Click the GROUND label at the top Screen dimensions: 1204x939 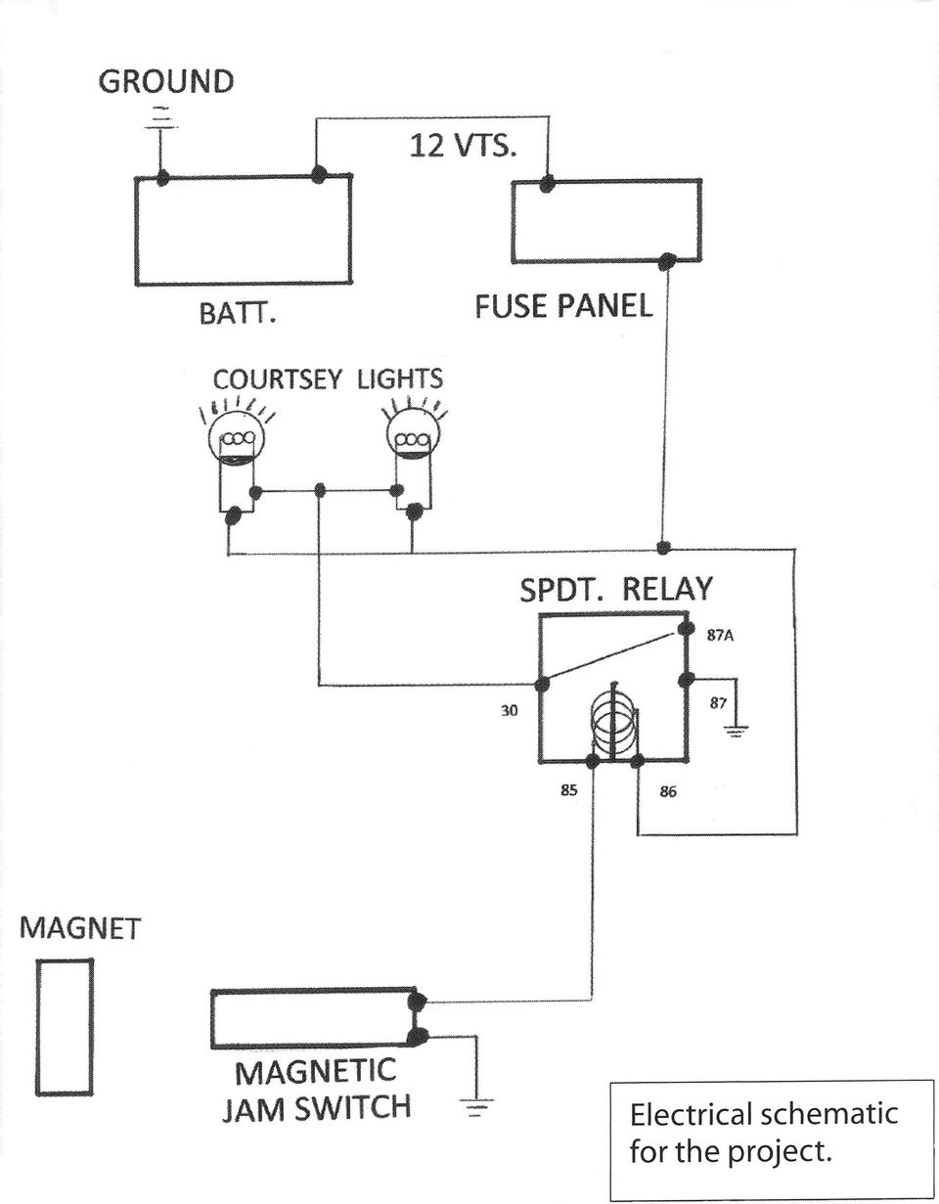pyautogui.click(x=165, y=81)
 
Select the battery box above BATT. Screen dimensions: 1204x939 pyautogui.click(x=242, y=231)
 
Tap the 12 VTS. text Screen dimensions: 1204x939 pyautogui.click(x=459, y=147)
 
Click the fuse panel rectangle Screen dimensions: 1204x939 pyautogui.click(x=605, y=221)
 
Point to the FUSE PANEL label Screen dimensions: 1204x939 pyautogui.click(x=563, y=306)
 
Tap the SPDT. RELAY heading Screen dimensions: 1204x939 pyautogui.click(x=615, y=591)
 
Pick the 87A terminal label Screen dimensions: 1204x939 pyautogui.click(x=720, y=635)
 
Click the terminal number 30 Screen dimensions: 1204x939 pyautogui.click(x=509, y=711)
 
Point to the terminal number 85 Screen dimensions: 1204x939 pyautogui.click(x=568, y=790)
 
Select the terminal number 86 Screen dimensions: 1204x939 pyautogui.click(x=667, y=792)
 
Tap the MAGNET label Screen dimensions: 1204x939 pyautogui.click(x=81, y=928)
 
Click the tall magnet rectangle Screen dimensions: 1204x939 pyautogui.click(x=66, y=1026)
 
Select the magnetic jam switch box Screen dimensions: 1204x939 pyautogui.click(x=313, y=1019)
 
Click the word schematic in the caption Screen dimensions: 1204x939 pyautogui.click(x=829, y=1114)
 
